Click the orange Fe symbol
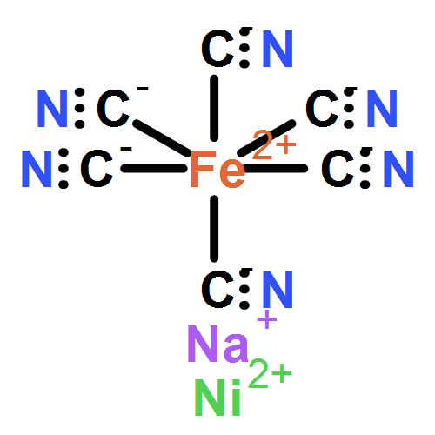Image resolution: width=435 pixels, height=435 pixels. click(217, 169)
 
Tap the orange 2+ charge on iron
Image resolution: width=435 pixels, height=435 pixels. click(274, 144)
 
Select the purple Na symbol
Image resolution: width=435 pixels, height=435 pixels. click(218, 344)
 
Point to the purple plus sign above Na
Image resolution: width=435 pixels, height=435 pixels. click(267, 319)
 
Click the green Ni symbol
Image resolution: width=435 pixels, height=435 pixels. click(217, 398)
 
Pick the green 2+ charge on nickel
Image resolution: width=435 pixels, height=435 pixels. click(270, 373)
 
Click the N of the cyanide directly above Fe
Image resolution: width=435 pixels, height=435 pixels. click(278, 49)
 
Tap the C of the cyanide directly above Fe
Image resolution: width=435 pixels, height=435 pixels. click(217, 49)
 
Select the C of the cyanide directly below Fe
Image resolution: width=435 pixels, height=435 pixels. click(217, 289)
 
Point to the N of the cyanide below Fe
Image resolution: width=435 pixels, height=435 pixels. click(278, 289)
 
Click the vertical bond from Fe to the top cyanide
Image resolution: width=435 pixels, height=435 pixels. click(214, 108)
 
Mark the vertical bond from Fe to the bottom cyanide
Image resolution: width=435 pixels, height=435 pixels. click(214, 229)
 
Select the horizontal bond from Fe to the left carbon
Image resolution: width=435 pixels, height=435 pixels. click(154, 168)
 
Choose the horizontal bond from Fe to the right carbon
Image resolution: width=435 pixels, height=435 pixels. click(276, 168)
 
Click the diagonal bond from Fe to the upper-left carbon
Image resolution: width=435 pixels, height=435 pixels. click(162, 138)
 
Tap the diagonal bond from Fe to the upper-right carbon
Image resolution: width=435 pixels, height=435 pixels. click(266, 138)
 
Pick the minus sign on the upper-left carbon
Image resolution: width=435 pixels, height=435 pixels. click(143, 89)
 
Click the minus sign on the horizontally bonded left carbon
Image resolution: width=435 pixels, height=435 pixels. click(126, 149)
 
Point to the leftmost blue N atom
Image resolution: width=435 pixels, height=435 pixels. click(37, 169)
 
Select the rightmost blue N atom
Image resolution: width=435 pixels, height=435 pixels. click(398, 169)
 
